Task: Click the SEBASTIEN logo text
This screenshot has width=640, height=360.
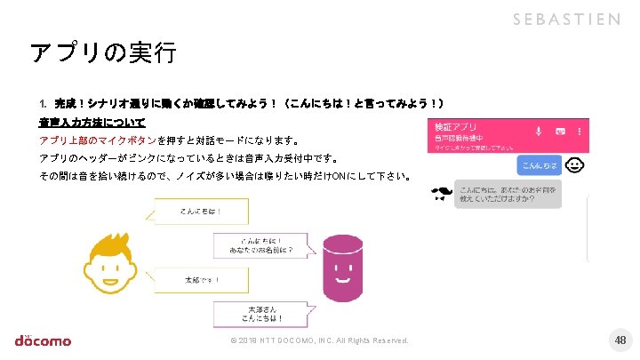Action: coord(565,20)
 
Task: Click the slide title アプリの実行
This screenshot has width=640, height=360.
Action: coord(103,52)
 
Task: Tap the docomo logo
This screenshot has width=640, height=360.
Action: coord(43,340)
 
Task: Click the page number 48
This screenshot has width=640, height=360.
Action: coord(620,340)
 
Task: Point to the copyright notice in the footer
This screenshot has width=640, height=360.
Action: coord(319,341)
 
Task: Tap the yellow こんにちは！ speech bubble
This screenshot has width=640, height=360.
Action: coord(201,212)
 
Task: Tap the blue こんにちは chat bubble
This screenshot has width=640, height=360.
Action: coord(538,165)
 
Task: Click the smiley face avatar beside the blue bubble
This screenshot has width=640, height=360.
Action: coord(575,165)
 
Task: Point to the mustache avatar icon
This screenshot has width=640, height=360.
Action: coord(440,195)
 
